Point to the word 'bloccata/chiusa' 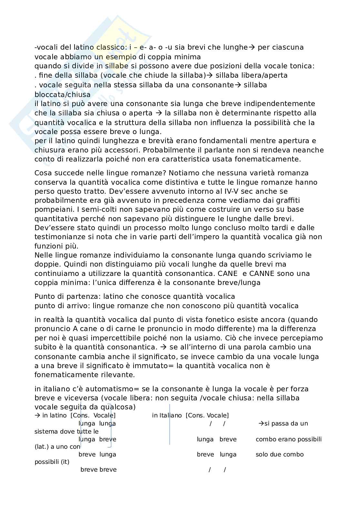coord(63,94)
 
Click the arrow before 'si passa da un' coord(261,423)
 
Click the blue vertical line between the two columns coord(170,426)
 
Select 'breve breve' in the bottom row coord(98,470)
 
